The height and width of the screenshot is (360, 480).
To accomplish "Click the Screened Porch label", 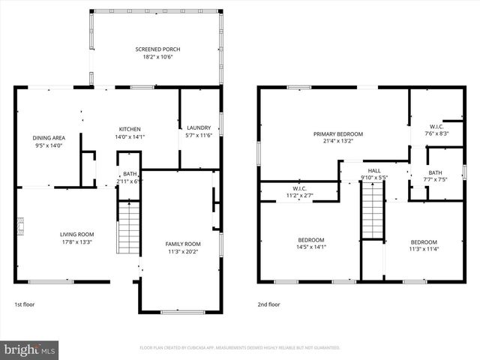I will coord(157,52).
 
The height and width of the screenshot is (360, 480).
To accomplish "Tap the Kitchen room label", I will coord(129,133).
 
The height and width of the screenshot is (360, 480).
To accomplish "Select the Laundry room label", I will coord(199,130).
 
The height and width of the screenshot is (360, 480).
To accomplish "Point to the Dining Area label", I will coord(48,142).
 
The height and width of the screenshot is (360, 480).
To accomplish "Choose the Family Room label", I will coord(183,247).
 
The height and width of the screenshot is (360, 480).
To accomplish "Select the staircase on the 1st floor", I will coord(130,228).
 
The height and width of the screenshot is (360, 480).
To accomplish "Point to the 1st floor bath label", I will coord(130,178).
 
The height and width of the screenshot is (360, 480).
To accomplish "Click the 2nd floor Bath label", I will coord(435,176).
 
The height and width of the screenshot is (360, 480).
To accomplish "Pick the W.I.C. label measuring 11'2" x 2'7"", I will coord(299,191).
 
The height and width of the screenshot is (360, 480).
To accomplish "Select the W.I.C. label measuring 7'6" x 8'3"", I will coord(436,130).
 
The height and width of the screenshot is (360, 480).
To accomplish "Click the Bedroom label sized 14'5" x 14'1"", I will coord(310,243).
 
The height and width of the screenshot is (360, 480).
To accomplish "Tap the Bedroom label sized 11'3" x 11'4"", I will coord(423,245).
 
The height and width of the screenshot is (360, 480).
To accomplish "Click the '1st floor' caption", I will coord(25,304).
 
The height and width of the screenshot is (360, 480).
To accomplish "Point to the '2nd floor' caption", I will coord(268,304).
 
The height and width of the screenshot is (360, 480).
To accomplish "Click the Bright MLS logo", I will coord(30,349).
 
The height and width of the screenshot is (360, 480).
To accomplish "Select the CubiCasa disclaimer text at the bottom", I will coord(240,348).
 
